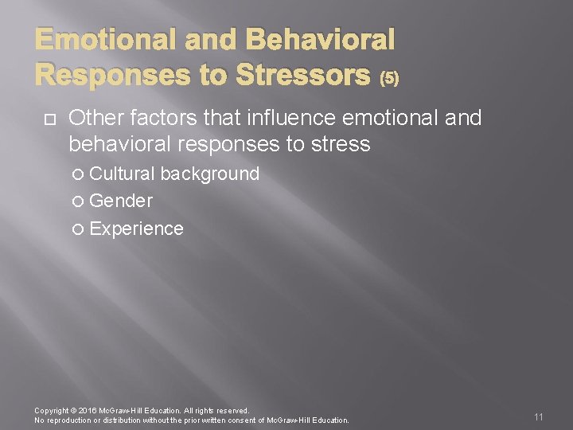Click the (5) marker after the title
[x=389, y=77]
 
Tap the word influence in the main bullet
[x=296, y=119]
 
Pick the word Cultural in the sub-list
[x=123, y=174]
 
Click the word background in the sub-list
[x=210, y=174]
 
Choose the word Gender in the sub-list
[x=121, y=201]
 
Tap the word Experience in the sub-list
[x=136, y=229]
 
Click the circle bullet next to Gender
[x=78, y=201]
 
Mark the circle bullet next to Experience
[x=78, y=229]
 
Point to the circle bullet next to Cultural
[x=78, y=174]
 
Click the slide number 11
[x=539, y=417]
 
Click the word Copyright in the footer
[x=52, y=411]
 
